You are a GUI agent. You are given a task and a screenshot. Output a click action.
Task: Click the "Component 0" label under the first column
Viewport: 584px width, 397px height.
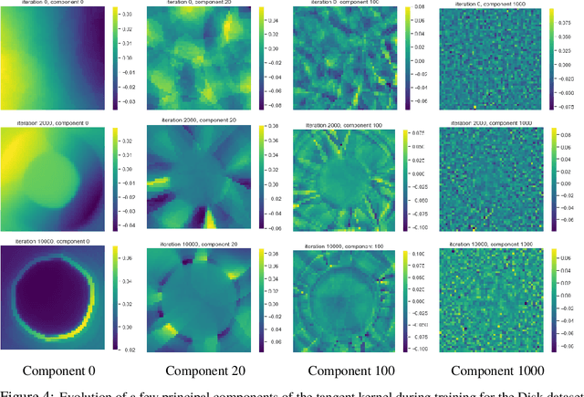point(59,371)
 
